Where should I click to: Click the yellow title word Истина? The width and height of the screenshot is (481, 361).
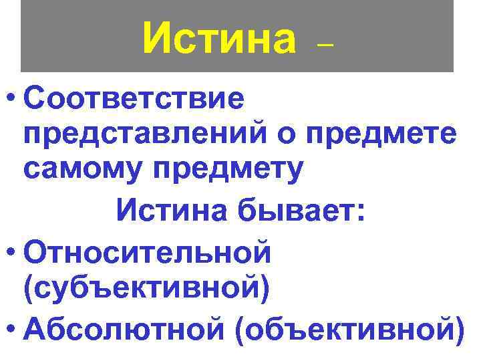[x=218, y=38]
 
